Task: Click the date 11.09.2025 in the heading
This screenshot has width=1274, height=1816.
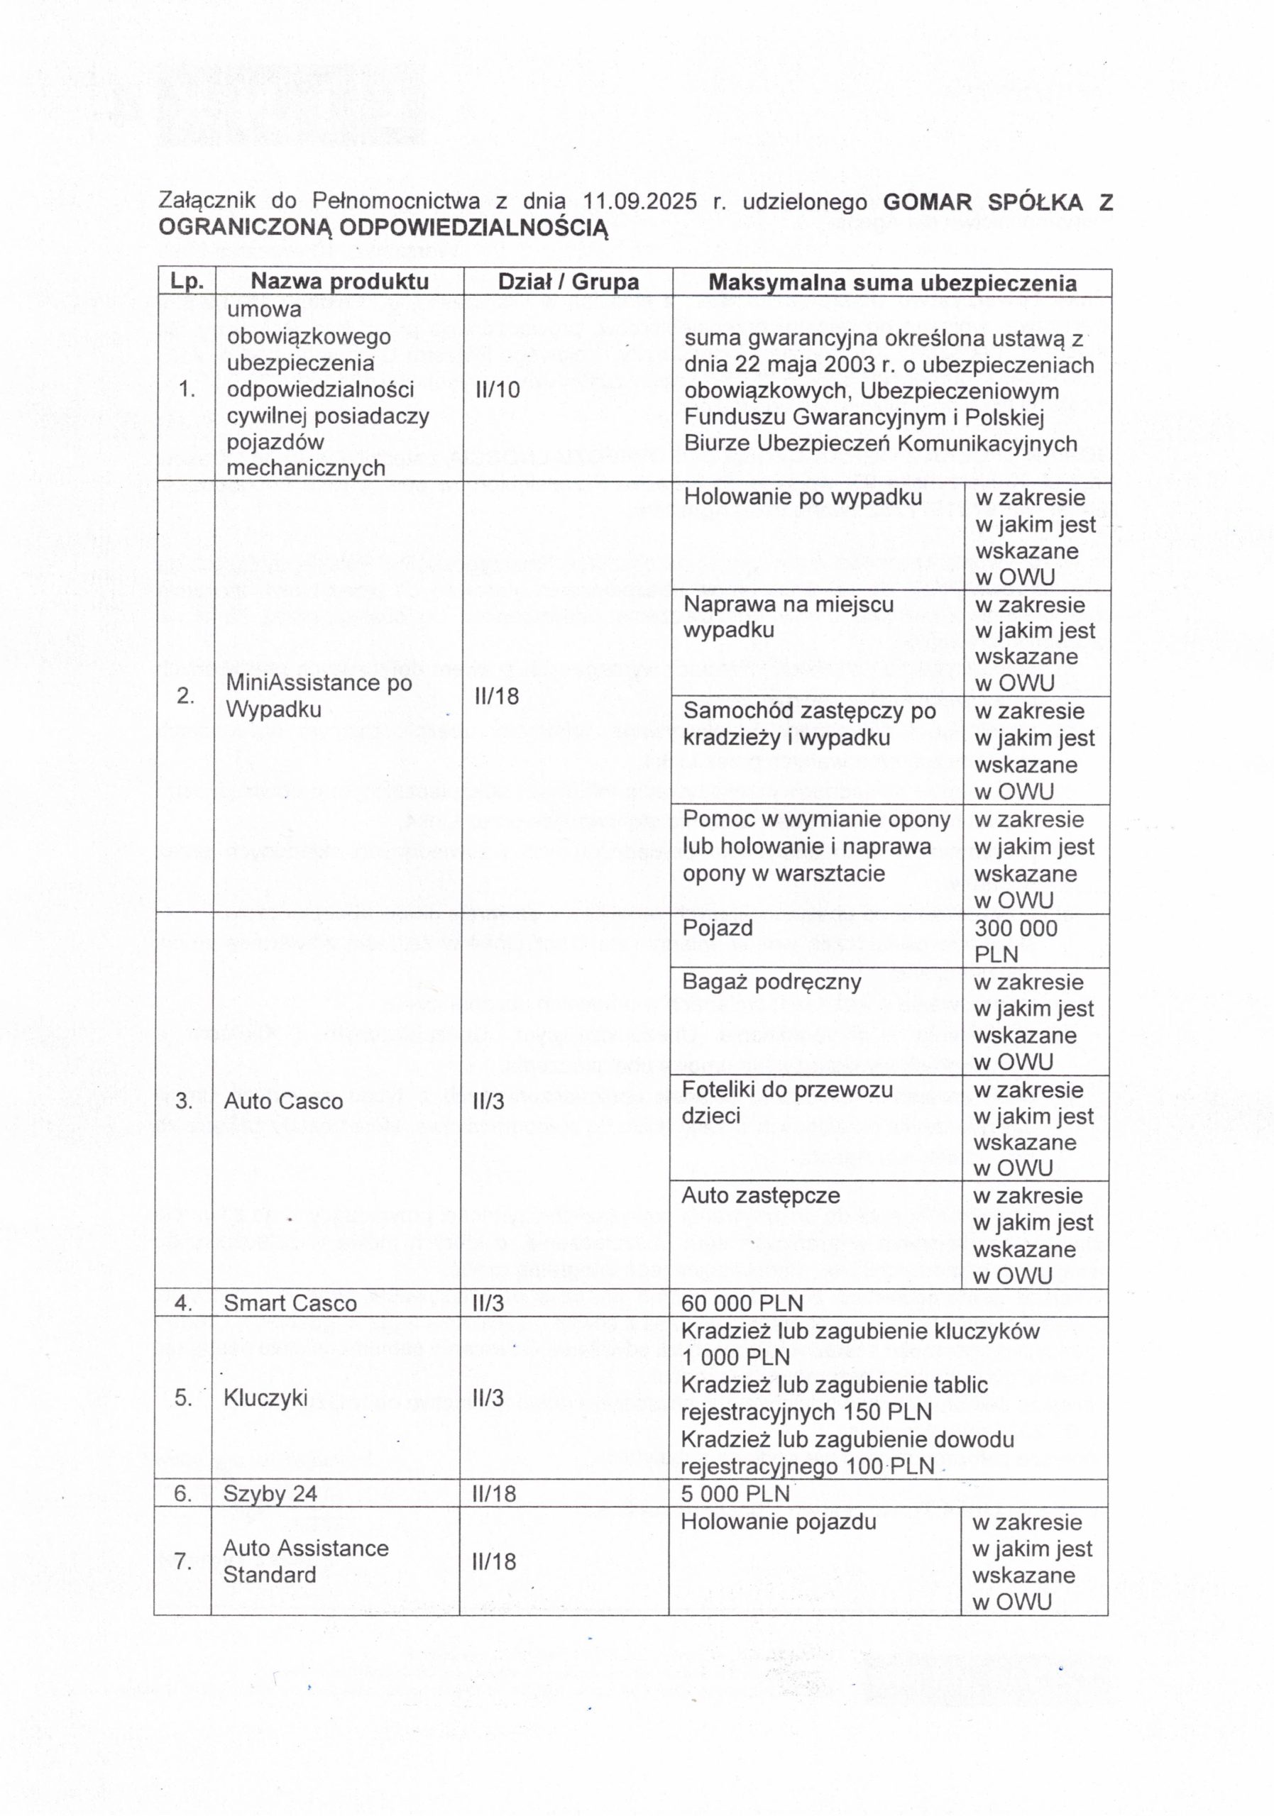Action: tap(640, 201)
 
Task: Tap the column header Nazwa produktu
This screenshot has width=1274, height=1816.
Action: tap(339, 282)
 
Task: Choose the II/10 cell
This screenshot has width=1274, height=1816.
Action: tap(497, 389)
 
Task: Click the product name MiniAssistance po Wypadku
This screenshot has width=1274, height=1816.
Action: tap(318, 695)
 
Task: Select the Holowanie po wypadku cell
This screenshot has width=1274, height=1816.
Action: tap(803, 497)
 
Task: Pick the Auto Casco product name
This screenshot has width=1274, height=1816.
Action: tap(283, 1101)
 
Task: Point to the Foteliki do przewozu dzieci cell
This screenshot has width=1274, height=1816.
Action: tap(786, 1102)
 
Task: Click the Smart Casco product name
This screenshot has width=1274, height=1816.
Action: tap(290, 1302)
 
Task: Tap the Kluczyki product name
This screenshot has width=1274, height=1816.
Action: tap(265, 1397)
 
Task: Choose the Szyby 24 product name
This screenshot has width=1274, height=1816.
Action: tap(270, 1493)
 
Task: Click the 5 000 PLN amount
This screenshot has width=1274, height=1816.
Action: tap(735, 1493)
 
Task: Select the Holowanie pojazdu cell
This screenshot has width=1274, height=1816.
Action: tap(778, 1522)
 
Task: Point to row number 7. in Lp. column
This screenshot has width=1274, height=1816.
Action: tap(183, 1561)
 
